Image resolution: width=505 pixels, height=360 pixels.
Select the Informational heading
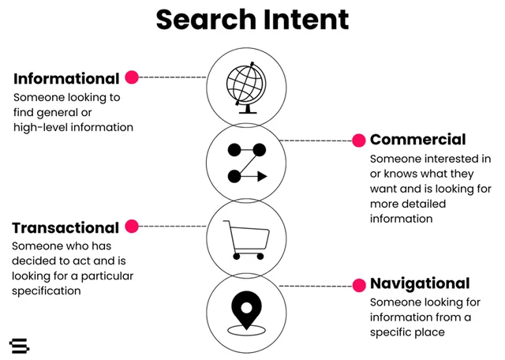66,79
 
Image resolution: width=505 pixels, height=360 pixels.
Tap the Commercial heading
417,140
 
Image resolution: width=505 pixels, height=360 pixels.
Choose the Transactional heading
65,227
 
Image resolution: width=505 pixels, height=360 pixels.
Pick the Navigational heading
420,283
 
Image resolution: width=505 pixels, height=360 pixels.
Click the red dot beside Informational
132,77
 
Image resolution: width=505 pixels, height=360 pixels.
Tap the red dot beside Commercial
358,141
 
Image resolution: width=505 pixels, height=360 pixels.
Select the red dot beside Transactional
132,227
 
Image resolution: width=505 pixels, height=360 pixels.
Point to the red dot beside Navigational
358,285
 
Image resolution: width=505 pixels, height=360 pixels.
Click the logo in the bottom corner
19,346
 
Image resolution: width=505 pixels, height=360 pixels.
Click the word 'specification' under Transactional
46,291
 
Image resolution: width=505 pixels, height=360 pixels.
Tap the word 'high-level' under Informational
39,126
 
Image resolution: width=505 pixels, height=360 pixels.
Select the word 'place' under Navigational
428,332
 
